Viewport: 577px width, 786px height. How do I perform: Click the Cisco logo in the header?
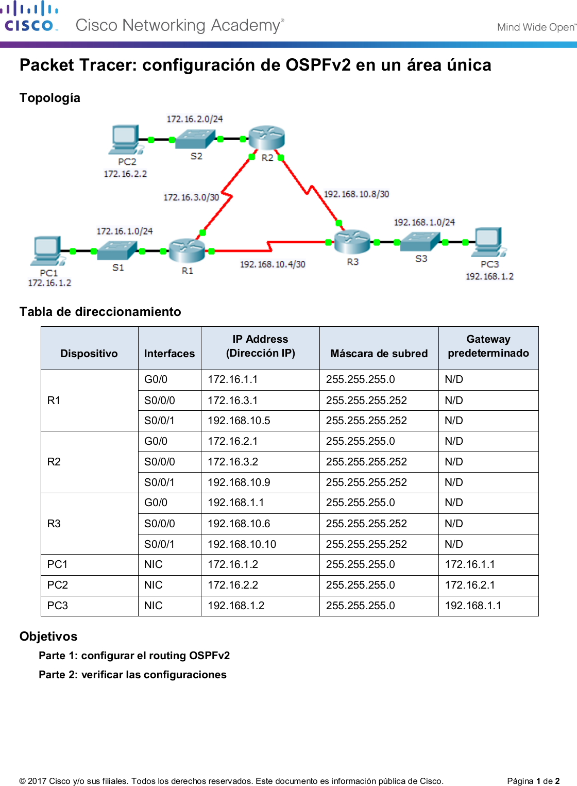tap(29, 17)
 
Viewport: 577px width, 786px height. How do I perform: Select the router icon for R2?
tap(266, 138)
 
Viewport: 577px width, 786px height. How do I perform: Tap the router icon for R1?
tap(186, 250)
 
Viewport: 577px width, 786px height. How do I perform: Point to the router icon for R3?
tap(352, 241)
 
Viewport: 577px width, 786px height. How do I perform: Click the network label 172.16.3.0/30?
tap(191, 197)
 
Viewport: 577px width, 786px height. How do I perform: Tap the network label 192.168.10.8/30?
tap(356, 194)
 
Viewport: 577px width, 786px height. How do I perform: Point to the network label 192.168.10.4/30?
tap(273, 264)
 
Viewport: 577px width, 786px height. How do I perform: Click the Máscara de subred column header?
tap(379, 354)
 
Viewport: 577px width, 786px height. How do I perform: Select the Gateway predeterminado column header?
tap(488, 346)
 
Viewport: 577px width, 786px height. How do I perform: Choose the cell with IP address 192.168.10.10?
tap(242, 544)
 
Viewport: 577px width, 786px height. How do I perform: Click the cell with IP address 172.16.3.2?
tap(233, 462)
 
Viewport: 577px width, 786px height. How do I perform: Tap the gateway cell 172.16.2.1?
tap(470, 585)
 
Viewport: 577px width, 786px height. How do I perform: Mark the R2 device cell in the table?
tap(54, 462)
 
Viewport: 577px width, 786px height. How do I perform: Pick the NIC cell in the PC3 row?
tap(154, 606)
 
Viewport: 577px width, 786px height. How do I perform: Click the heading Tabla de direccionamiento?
tap(100, 312)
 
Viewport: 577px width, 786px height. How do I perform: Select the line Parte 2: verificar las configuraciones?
tap(132, 675)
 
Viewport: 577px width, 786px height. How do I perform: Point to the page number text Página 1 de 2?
tap(533, 781)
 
